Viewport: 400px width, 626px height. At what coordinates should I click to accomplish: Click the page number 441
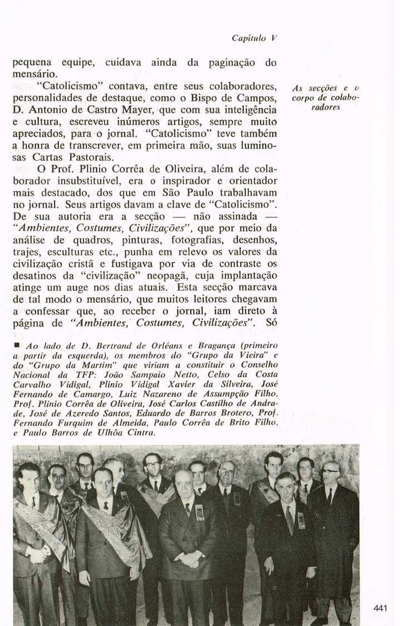[381, 608]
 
